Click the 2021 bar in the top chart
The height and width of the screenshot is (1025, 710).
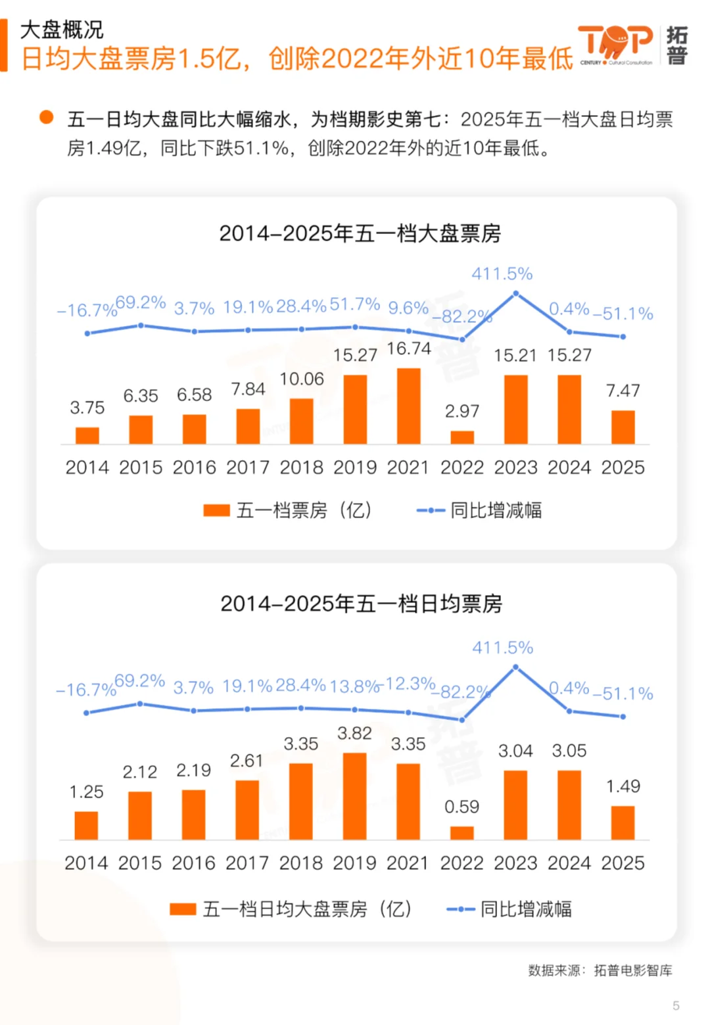click(408, 406)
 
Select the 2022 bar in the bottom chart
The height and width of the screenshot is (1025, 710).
click(461, 832)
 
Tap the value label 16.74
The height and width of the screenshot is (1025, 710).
click(408, 348)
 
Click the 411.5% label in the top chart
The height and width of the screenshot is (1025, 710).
click(502, 274)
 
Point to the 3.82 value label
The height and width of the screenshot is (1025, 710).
click(354, 733)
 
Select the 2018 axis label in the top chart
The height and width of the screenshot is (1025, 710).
click(301, 467)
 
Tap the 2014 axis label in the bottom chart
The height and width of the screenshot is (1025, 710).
click(86, 863)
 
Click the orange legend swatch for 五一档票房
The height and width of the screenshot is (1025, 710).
click(216, 510)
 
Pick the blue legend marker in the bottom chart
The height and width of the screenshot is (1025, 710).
click(460, 909)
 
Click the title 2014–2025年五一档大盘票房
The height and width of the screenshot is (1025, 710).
click(360, 233)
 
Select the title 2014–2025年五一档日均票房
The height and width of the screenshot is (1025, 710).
click(361, 604)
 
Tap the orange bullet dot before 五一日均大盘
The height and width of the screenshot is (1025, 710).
click(46, 118)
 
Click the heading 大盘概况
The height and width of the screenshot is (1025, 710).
click(62, 30)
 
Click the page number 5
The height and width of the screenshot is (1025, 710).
click(676, 1005)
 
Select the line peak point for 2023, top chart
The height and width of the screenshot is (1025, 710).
click(516, 293)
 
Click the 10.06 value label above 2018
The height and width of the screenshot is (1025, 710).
click(301, 379)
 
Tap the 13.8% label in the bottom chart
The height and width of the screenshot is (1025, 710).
click(354, 686)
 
